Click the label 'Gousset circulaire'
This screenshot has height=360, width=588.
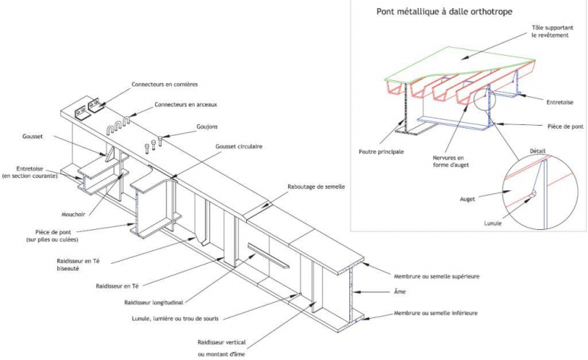pyautogui.click(x=239, y=147)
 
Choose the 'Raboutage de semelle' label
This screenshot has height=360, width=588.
pyautogui.click(x=316, y=187)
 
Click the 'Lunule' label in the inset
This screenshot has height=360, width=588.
pyautogui.click(x=493, y=223)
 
